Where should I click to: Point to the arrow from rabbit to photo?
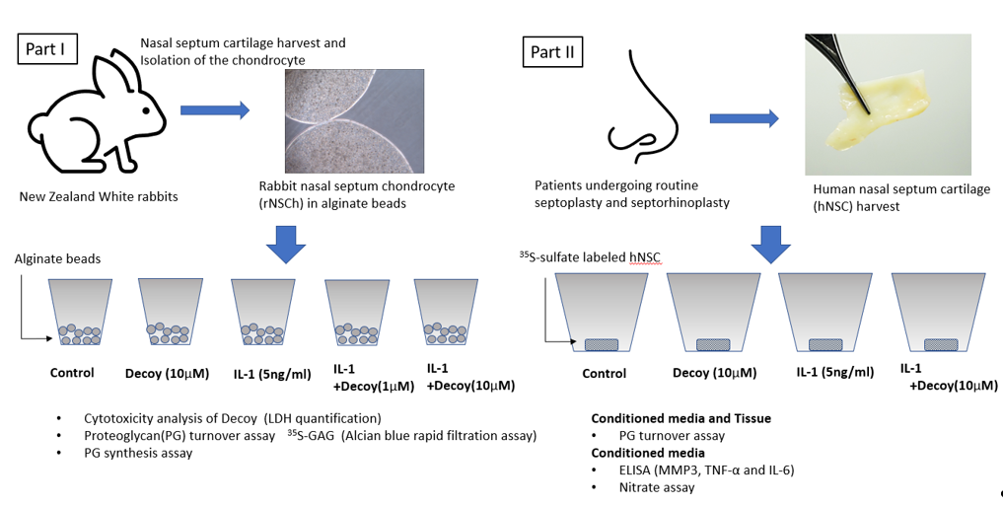coord(215,110)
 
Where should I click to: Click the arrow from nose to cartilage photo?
coord(744,118)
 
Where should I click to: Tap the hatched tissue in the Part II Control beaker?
coord(602,344)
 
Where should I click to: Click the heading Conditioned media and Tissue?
coord(681,418)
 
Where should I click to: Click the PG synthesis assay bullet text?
coord(138,453)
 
